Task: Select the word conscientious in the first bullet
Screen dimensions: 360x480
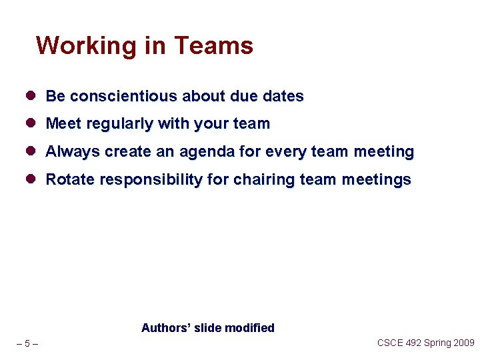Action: pyautogui.click(x=124, y=96)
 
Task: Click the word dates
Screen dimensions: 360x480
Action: pyautogui.click(x=283, y=96)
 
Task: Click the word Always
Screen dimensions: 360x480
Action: pyautogui.click(x=73, y=152)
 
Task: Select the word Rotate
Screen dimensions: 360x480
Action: pyautogui.click(x=70, y=180)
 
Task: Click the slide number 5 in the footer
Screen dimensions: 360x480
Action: pyautogui.click(x=27, y=344)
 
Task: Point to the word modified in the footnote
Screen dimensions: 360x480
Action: pyautogui.click(x=249, y=328)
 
